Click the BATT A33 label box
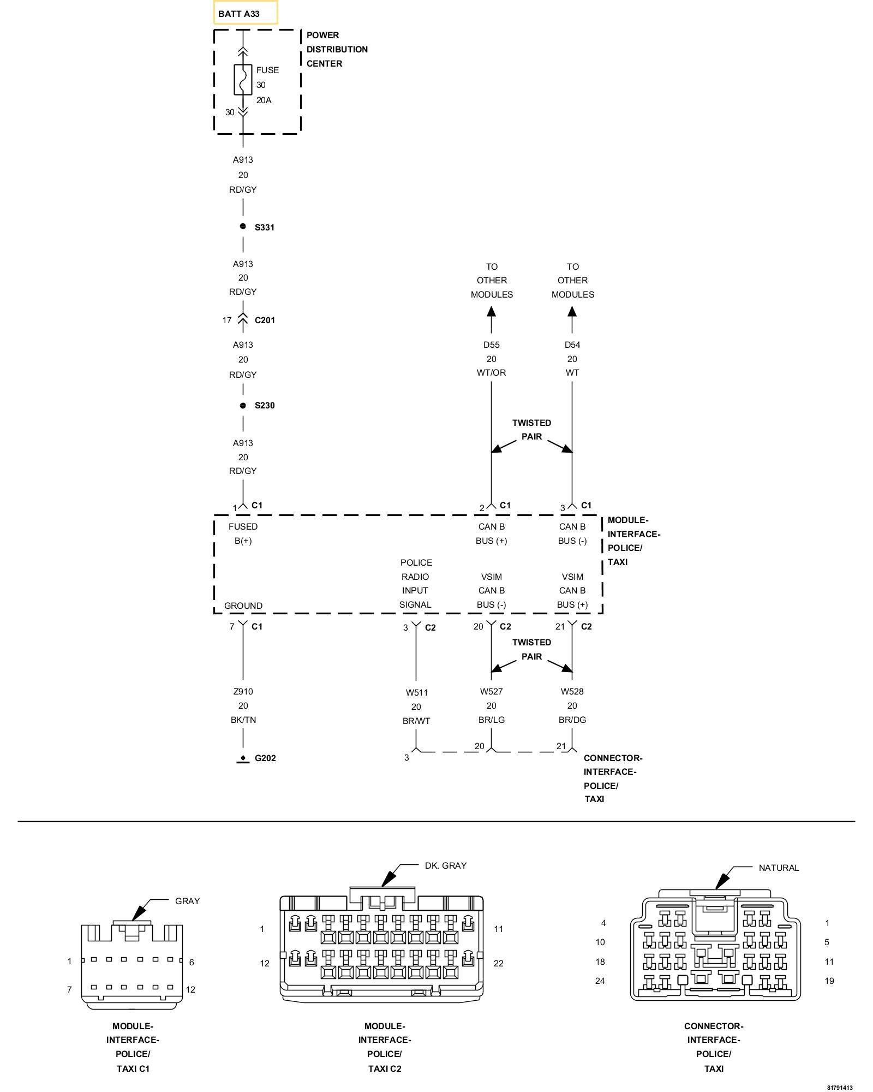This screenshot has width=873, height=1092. tap(245, 13)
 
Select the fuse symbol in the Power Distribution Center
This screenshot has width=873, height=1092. tap(243, 80)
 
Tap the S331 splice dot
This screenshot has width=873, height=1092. tap(243, 227)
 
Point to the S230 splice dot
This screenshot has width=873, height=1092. tap(243, 405)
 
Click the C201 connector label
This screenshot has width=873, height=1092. tap(265, 321)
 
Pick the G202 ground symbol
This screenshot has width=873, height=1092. tap(243, 758)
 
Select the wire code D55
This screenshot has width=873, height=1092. tap(491, 345)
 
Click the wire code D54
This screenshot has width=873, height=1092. tap(572, 345)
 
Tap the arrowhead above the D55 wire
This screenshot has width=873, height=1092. tap(491, 312)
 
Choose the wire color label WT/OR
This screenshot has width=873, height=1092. tap(491, 373)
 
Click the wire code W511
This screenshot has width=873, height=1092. tap(416, 692)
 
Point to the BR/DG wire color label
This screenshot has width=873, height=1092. tap(572, 720)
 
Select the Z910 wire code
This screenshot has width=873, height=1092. tap(243, 691)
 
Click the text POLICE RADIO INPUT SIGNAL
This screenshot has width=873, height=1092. tap(416, 583)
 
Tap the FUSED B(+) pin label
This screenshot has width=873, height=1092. tap(243, 533)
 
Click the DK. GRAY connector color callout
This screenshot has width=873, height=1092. tap(445, 865)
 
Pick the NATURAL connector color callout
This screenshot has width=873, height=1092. tap(778, 868)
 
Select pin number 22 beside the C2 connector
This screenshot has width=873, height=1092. tap(498, 963)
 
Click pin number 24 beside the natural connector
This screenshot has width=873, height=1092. tap(600, 981)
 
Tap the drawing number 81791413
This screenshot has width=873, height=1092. tap(839, 1087)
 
